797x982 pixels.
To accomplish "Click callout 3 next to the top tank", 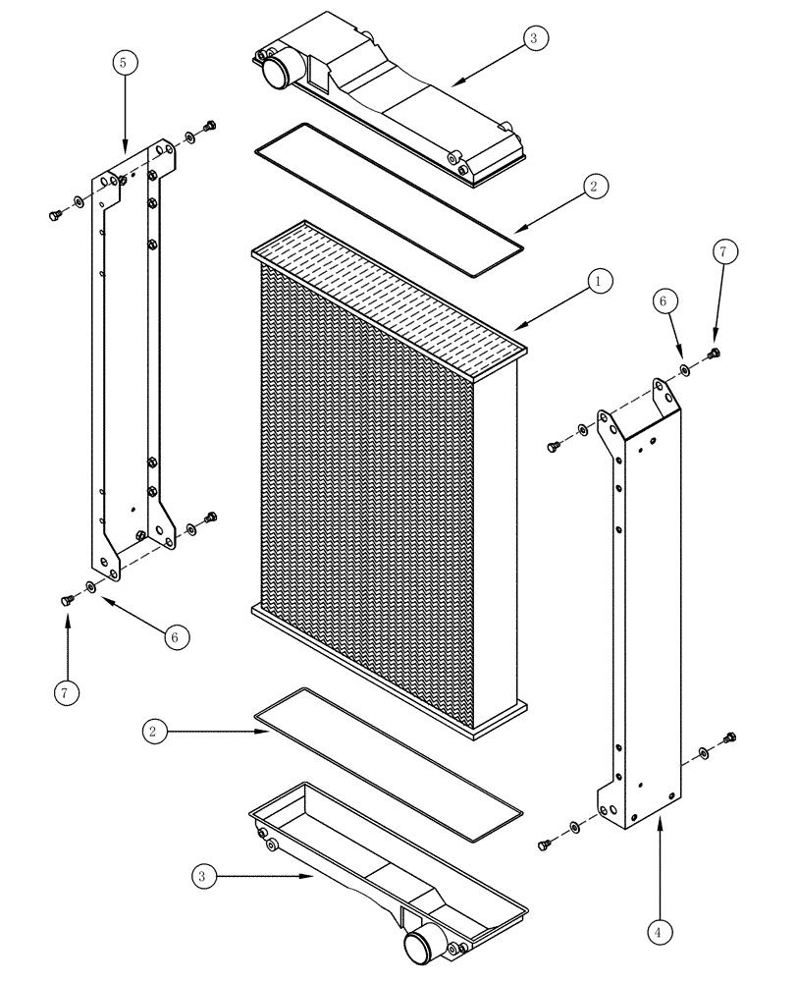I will [534, 38].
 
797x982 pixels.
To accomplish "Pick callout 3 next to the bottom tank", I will [201, 878].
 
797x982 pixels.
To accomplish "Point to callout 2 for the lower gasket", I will [152, 731].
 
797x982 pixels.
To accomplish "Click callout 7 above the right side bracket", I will [721, 252].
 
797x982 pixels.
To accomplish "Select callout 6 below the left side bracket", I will [174, 637].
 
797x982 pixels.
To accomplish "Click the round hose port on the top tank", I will [273, 72].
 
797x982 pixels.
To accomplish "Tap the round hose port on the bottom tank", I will [419, 949].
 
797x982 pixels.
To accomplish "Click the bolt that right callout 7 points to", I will [715, 354].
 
